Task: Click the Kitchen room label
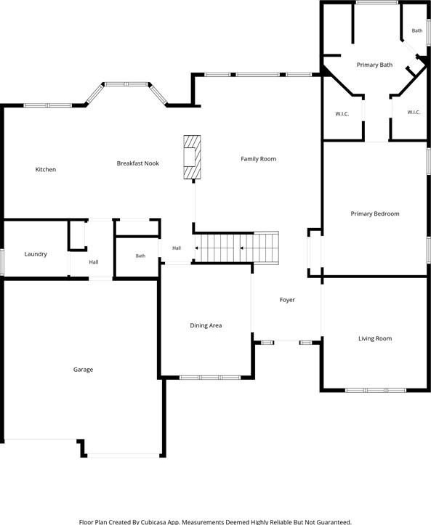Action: coord(46,169)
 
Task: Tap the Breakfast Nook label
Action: coord(138,163)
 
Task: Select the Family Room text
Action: coord(259,159)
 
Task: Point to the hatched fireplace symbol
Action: coord(192,157)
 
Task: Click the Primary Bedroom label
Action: coord(375,213)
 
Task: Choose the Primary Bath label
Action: coord(374,65)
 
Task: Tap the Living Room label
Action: coord(375,338)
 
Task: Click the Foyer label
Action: coord(287,300)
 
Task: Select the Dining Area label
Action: coord(206,325)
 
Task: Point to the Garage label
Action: coord(83,370)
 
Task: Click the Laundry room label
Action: coord(36,254)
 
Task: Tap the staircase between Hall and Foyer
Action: coord(237,248)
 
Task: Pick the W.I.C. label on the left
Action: coord(342,114)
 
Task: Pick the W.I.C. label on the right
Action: coord(414,112)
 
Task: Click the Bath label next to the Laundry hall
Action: coord(140,256)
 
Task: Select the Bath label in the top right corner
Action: coord(417,30)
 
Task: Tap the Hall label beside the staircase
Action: coord(177,248)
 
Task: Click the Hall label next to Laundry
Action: coord(94,262)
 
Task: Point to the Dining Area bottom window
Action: coord(210,378)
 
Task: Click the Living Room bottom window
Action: coord(376,391)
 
